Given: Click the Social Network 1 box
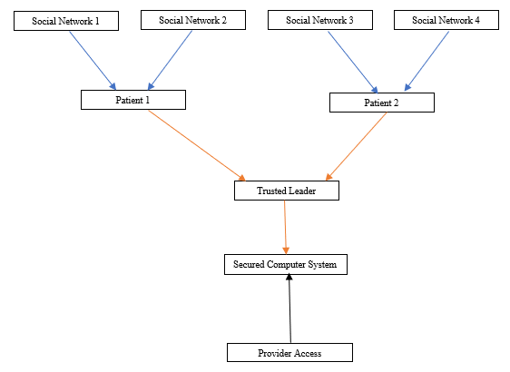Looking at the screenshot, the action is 66,21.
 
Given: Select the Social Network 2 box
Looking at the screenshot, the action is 193,20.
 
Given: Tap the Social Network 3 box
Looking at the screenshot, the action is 320,20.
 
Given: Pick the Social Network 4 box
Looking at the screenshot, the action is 446,20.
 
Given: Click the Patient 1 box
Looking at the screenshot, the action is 133,100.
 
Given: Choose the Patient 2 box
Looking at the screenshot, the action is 382,103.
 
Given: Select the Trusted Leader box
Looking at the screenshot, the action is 287,191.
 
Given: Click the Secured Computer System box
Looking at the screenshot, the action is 286,264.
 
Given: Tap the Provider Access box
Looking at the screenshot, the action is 289,352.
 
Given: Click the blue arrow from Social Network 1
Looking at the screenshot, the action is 93,61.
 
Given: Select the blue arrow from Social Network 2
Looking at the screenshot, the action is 170,60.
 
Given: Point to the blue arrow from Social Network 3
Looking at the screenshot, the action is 353,62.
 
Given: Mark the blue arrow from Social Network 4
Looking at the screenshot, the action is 427,61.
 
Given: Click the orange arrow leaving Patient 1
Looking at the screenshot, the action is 197,145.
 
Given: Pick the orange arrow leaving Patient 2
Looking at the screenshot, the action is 356,146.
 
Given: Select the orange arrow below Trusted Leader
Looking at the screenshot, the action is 285,227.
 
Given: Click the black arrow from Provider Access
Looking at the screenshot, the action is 289,308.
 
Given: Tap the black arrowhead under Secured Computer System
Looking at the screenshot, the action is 289,277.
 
